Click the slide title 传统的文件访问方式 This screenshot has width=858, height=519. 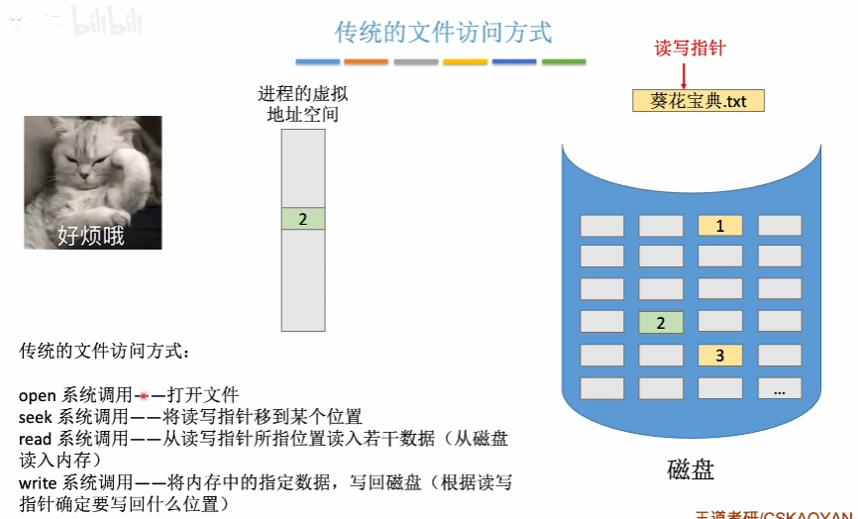click(x=443, y=32)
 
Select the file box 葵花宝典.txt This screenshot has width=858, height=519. click(x=697, y=100)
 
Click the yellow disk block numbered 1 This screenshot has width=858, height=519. click(x=720, y=225)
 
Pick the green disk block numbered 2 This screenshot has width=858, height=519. click(x=661, y=322)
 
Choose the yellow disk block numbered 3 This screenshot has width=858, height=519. click(x=720, y=355)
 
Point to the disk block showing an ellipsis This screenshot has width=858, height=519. click(x=780, y=387)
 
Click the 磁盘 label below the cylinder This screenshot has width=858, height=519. click(x=690, y=468)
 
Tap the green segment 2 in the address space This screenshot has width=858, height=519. click(x=303, y=219)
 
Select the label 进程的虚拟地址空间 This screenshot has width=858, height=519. click(x=303, y=104)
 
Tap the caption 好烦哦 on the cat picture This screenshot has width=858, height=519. click(x=91, y=236)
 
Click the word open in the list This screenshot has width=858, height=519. click(x=38, y=394)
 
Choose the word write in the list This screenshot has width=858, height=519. click(x=38, y=482)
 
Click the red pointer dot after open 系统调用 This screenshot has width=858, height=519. click(x=144, y=394)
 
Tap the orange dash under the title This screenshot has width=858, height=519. click(x=366, y=61)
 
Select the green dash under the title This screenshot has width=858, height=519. click(x=564, y=61)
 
